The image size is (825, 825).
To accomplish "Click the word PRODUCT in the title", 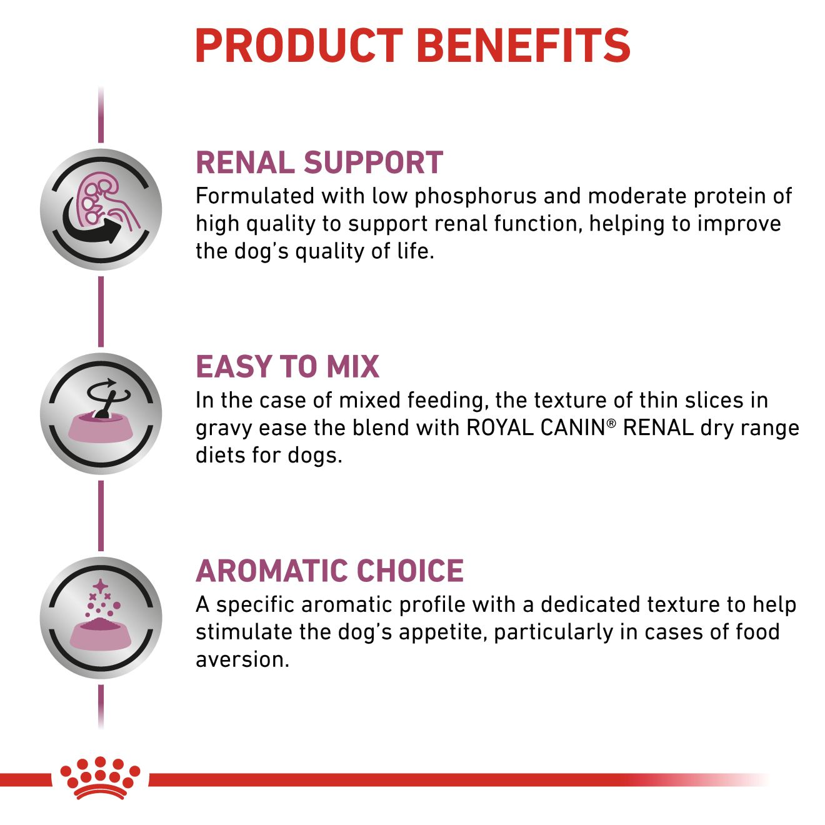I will tap(299, 46).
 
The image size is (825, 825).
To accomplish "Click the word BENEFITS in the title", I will tap(522, 46).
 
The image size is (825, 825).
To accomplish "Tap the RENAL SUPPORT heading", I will tap(319, 162).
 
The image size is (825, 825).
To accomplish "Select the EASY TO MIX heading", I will tap(287, 367).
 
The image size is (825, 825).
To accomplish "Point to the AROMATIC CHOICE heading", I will tap(329, 571).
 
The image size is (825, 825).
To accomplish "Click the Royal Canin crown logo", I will tap(100, 777).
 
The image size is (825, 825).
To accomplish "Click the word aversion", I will tap(242, 660).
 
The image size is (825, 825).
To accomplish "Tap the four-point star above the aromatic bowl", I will tap(100, 586).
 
